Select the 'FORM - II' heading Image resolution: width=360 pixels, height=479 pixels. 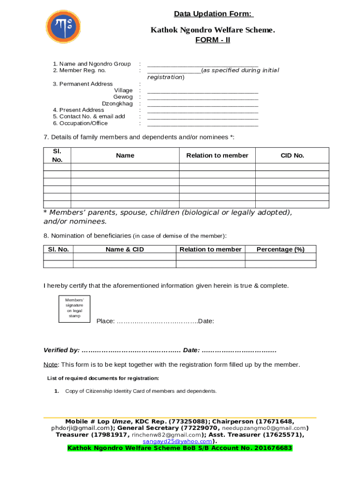click(212, 40)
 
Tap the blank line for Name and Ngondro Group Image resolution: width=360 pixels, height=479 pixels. click(202, 65)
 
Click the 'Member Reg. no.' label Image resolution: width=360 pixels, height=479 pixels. click(79, 71)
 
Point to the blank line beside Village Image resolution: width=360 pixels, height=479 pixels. click(202, 91)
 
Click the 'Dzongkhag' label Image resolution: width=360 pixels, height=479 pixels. click(117, 103)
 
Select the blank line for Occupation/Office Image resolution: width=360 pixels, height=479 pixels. click(202, 124)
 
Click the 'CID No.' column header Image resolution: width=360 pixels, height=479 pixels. click(292, 155)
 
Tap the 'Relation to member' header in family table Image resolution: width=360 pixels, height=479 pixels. click(217, 155)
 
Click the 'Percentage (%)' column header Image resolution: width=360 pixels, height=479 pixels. click(281, 249)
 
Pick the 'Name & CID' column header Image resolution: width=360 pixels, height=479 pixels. click(125, 249)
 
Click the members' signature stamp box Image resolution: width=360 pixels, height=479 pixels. click(74, 309)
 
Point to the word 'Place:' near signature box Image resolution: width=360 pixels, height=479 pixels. click(106, 321)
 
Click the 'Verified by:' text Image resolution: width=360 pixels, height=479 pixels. click(61, 350)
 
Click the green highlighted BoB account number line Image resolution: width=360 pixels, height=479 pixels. click(180, 448)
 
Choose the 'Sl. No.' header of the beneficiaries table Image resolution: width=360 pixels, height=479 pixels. click(58, 249)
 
